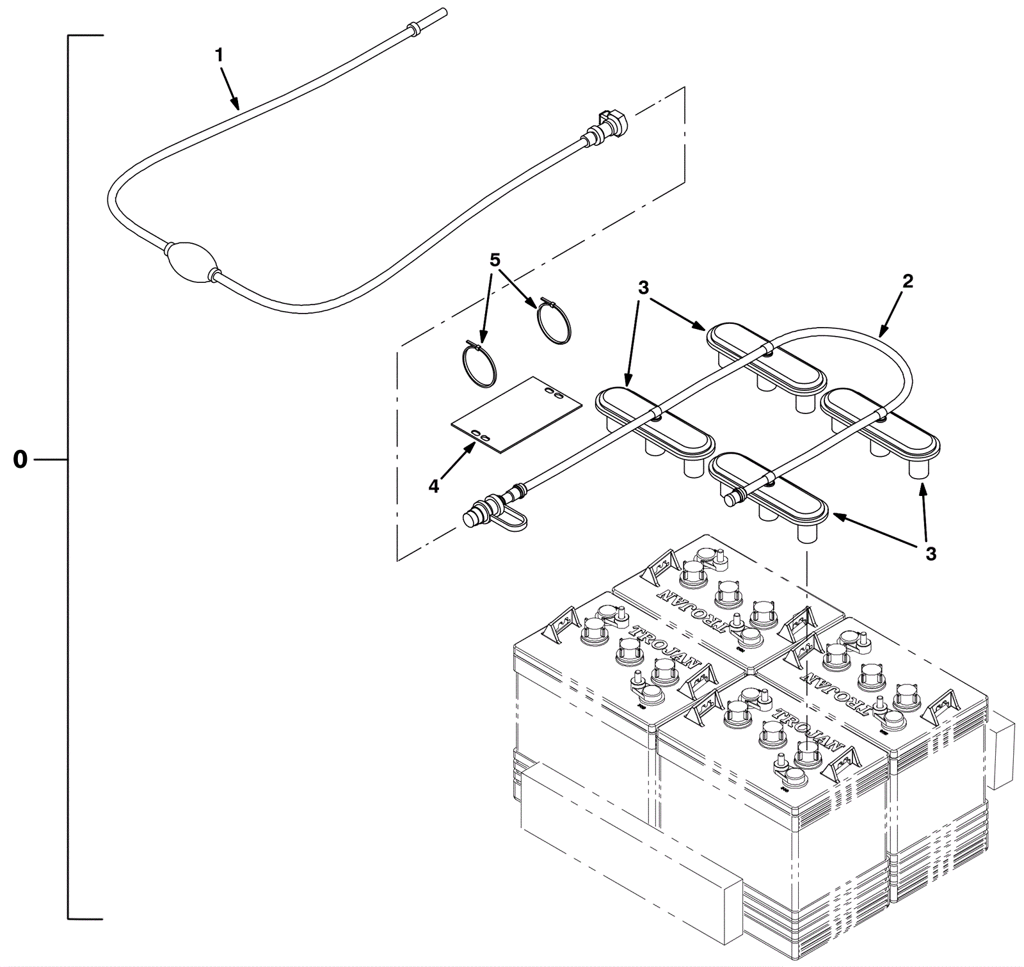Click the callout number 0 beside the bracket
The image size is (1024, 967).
point(20,460)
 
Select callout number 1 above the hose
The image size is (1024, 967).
point(219,56)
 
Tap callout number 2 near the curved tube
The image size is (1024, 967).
point(908,281)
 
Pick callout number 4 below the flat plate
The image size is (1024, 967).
point(434,486)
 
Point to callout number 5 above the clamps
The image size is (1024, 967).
point(494,260)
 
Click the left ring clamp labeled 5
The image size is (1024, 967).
point(479,365)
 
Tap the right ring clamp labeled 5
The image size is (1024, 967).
point(554,322)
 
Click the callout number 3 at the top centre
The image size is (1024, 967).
point(643,288)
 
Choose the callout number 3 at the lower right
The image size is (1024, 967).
point(931,554)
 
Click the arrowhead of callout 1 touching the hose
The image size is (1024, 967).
point(237,108)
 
